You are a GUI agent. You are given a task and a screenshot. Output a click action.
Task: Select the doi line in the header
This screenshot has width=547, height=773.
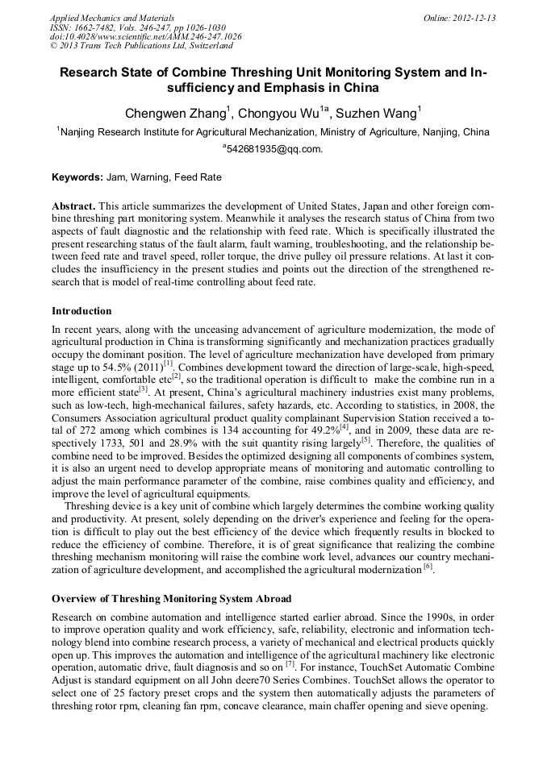click(145, 37)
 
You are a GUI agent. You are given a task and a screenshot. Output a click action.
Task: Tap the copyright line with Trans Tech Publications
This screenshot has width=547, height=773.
click(141, 47)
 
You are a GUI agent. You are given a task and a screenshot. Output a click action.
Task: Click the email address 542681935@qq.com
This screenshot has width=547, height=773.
click(274, 149)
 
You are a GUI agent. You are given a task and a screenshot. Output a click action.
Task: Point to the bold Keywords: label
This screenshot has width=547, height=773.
click(77, 177)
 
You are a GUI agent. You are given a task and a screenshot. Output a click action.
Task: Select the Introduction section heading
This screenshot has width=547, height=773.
click(81, 310)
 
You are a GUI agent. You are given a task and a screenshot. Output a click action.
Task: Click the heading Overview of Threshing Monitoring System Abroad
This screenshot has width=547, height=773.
click(171, 599)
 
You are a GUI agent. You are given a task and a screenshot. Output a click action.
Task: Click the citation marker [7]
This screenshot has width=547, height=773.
click(289, 666)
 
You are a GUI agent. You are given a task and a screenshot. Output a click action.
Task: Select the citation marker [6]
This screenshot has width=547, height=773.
click(428, 567)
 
